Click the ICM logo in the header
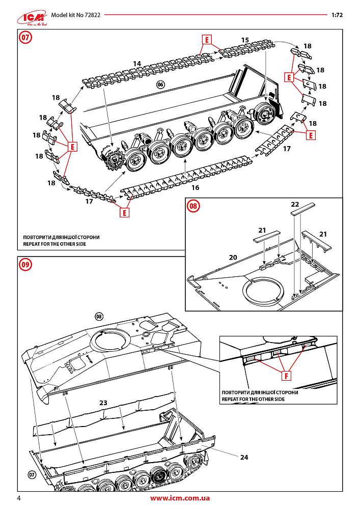point(31,16)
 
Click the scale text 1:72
point(337,15)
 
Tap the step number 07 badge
point(25,37)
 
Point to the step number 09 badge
point(25,264)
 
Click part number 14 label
point(136,63)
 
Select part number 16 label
point(195,187)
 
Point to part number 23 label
point(103,402)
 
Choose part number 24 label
point(244,457)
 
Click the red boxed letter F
point(287,377)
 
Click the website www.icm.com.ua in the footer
point(180,498)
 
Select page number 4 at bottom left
point(18,498)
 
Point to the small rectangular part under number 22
point(302,209)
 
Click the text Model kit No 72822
point(76,15)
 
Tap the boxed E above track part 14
point(207,40)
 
